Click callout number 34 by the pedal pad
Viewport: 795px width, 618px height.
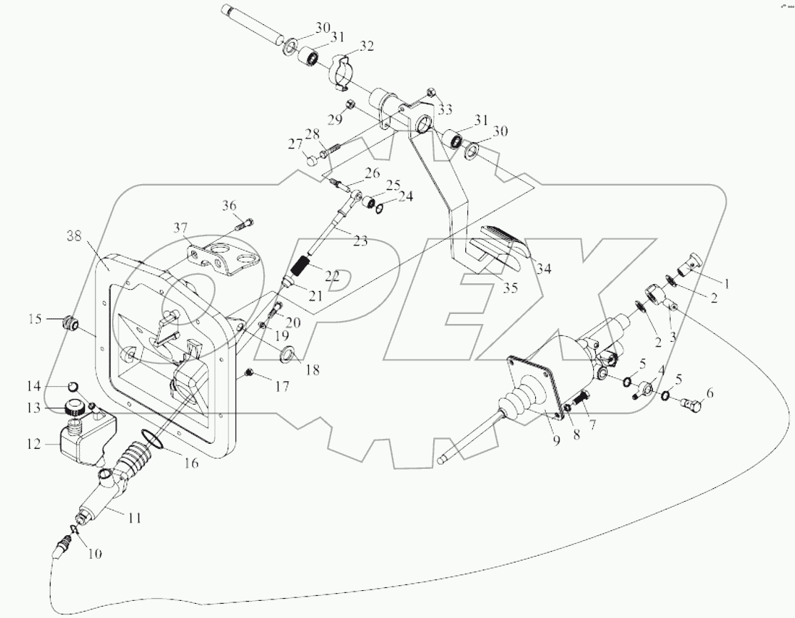(x=545, y=269)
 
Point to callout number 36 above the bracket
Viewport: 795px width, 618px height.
(x=228, y=206)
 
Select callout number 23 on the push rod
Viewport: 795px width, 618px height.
(x=360, y=240)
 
